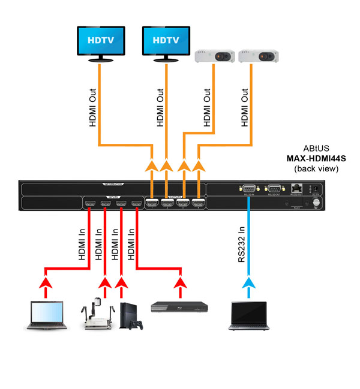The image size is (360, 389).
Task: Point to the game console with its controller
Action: click(x=131, y=315)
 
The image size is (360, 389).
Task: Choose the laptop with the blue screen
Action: click(x=44, y=315)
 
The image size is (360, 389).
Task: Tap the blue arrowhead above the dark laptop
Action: click(x=248, y=282)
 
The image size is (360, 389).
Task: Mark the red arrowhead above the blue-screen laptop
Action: click(x=44, y=281)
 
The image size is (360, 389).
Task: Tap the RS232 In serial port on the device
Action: click(x=248, y=188)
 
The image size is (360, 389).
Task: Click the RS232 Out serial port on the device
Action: click(x=273, y=188)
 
